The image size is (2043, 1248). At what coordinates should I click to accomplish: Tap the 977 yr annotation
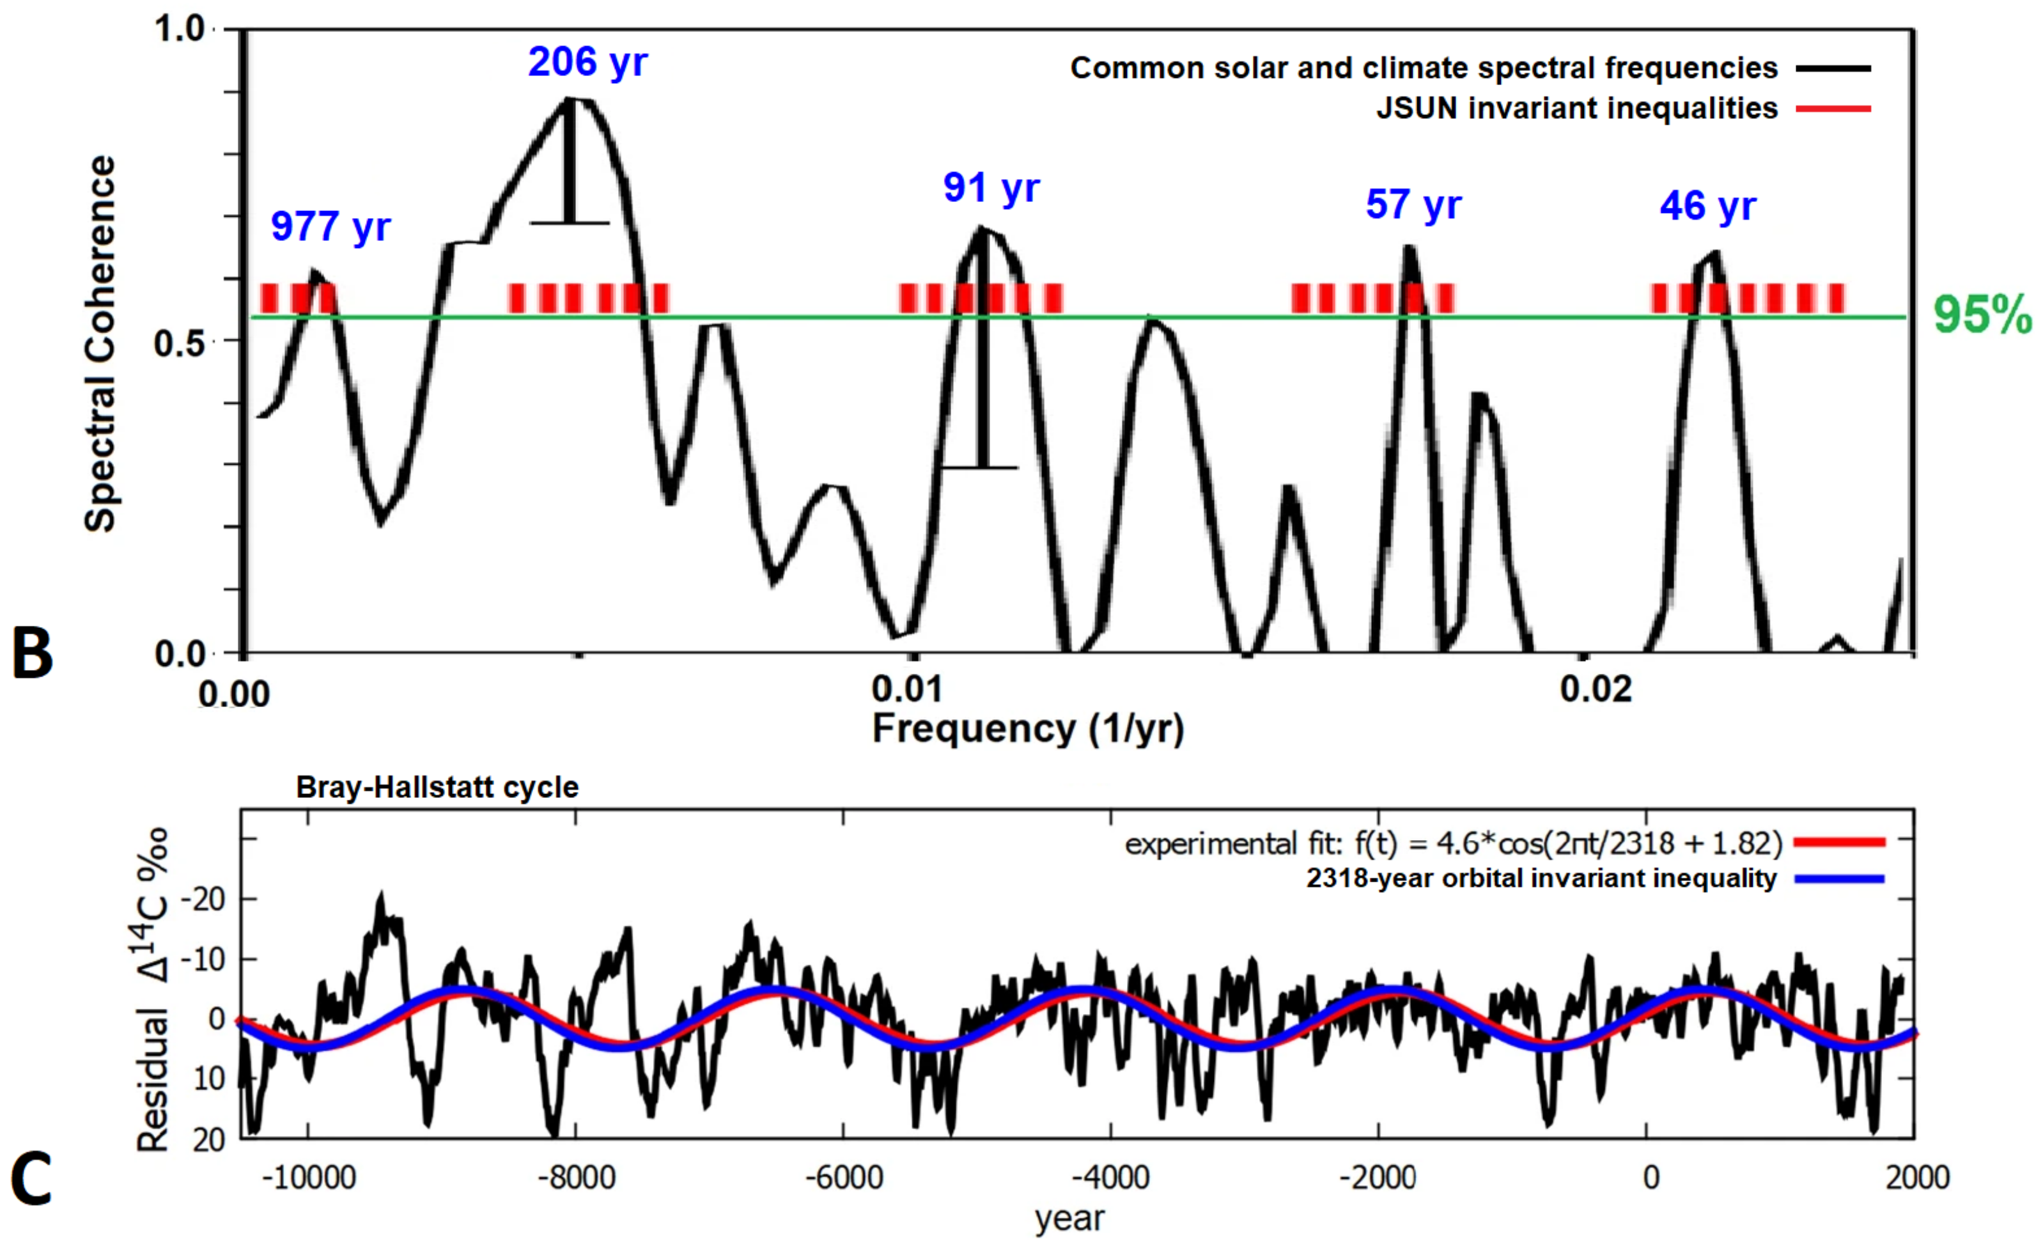click(330, 226)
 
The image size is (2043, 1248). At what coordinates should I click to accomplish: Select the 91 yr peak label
click(991, 187)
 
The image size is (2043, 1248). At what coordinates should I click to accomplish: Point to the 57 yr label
click(1414, 204)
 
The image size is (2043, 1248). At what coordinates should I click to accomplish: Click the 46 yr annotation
click(1707, 206)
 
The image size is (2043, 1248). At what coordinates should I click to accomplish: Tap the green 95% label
click(1982, 316)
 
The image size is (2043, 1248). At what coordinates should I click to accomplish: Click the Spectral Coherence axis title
click(101, 343)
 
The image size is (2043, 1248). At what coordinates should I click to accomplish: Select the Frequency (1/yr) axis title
click(1028, 729)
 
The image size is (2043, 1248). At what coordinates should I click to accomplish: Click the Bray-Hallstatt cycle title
click(437, 787)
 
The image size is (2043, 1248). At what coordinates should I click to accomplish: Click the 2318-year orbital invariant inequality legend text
click(1541, 879)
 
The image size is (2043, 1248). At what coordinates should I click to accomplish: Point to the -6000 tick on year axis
click(843, 1178)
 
